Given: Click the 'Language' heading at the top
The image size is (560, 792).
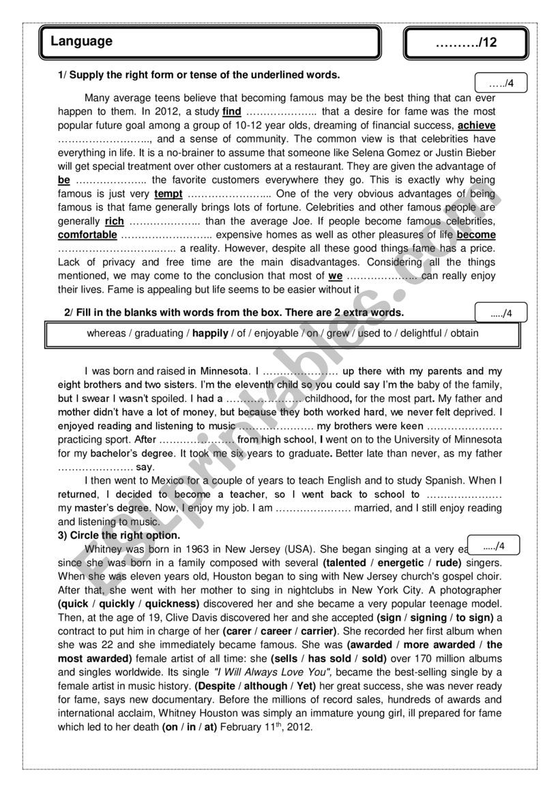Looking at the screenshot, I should (81, 42).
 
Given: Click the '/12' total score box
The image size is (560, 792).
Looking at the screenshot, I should (466, 43).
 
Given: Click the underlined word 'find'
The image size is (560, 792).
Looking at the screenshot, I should (232, 112).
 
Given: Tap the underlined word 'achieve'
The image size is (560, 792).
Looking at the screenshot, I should (476, 126).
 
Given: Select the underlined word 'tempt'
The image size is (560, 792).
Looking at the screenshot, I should (168, 194).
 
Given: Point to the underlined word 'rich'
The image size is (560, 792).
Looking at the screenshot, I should (115, 221).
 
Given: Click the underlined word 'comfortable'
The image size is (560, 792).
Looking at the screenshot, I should (87, 235).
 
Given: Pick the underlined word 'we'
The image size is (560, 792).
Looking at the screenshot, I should (335, 276).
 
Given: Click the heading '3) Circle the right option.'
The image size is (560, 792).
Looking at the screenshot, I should (119, 535).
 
